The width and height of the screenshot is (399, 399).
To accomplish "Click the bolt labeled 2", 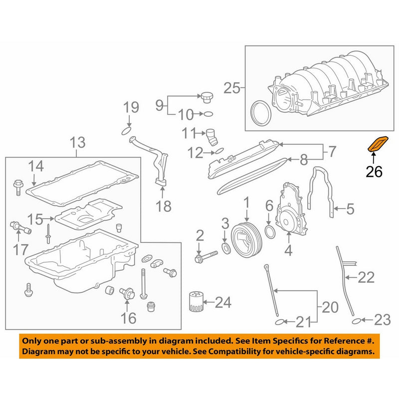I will pos(205,258).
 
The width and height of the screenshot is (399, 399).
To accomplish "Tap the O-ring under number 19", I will pos(127,131).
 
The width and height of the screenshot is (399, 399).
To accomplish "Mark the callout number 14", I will pos(36,167).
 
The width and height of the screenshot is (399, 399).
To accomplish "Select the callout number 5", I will pos(350,209).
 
